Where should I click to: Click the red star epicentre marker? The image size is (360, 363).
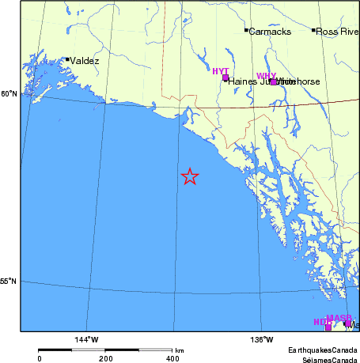pyautogui.click(x=190, y=176)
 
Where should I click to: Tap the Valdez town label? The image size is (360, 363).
pyautogui.click(x=85, y=60)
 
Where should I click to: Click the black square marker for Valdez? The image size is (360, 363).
pyautogui.click(x=68, y=59)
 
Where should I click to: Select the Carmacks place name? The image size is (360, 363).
pyautogui.click(x=270, y=32)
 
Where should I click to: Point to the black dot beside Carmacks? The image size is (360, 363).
pyautogui.click(x=246, y=30)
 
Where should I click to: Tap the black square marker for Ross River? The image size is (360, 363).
pyautogui.click(x=314, y=30)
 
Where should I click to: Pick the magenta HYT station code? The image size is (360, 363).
pyautogui.click(x=220, y=71)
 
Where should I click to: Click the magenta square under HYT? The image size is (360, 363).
pyautogui.click(x=225, y=78)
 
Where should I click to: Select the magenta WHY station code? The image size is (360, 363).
pyautogui.click(x=267, y=76)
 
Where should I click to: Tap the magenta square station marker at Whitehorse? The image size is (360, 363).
pyautogui.click(x=274, y=81)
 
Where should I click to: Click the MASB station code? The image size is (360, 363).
pyautogui.click(x=339, y=318)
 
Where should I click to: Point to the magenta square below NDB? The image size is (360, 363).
pyautogui.click(x=328, y=327)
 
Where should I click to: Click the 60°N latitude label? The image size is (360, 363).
pyautogui.click(x=8, y=94)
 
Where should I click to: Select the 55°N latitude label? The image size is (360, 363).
pyautogui.click(x=8, y=281)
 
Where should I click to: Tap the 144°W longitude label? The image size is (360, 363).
pyautogui.click(x=87, y=340)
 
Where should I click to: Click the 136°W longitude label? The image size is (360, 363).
pyautogui.click(x=264, y=340)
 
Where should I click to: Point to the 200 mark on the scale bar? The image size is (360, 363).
pyautogui.click(x=105, y=358)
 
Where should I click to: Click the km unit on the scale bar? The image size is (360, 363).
pyautogui.click(x=180, y=350)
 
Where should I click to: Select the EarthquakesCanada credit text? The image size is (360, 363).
pyautogui.click(x=322, y=350)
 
